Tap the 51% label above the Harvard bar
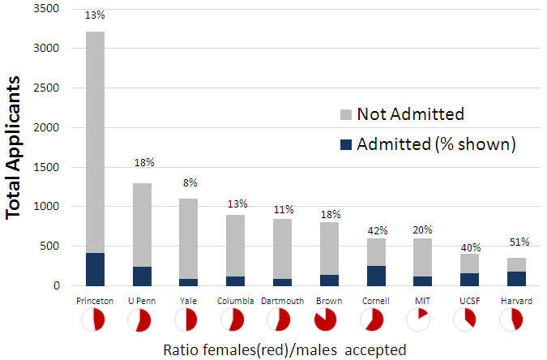(519, 242)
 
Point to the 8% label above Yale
(190, 182)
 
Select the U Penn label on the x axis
(142, 301)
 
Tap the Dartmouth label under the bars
(283, 301)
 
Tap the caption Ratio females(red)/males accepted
(284, 349)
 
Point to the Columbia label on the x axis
(236, 301)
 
